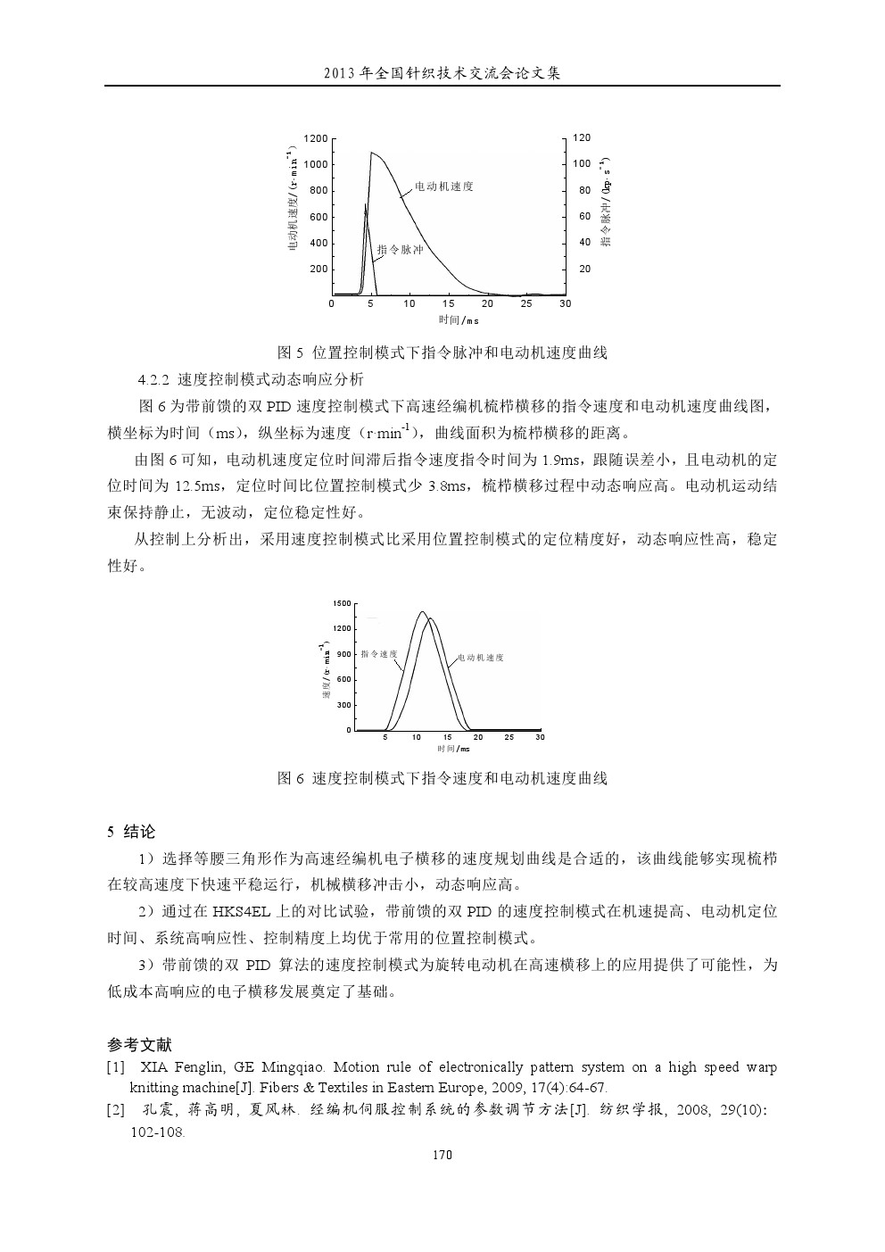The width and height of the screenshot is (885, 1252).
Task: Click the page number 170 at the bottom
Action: pyautogui.click(x=442, y=1155)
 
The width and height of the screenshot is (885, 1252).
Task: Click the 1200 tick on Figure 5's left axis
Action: pyautogui.click(x=316, y=138)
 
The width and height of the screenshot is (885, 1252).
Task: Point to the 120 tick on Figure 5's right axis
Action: pyautogui.click(x=582, y=138)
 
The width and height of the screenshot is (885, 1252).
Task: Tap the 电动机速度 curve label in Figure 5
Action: pyautogui.click(x=443, y=187)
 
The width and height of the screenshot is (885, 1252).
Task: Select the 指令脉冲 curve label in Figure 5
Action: pyautogui.click(x=400, y=250)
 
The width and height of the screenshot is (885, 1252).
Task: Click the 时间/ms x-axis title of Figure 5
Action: pyautogui.click(x=459, y=320)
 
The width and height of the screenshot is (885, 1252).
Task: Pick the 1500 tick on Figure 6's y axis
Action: pyautogui.click(x=342, y=604)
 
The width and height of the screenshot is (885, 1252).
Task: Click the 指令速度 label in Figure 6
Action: pyautogui.click(x=379, y=654)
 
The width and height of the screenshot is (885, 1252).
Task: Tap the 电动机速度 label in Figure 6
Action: pyautogui.click(x=481, y=658)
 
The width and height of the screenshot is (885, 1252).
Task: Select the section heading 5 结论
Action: pyautogui.click(x=131, y=832)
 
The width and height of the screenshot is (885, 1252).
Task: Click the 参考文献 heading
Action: pyautogui.click(x=139, y=1045)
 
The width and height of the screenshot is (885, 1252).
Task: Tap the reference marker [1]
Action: pyautogui.click(x=115, y=1067)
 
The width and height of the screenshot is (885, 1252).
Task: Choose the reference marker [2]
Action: pyautogui.click(x=115, y=1111)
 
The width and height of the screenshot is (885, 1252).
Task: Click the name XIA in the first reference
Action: pyautogui.click(x=155, y=1067)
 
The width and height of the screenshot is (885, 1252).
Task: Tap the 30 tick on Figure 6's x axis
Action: pyautogui.click(x=539, y=737)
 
